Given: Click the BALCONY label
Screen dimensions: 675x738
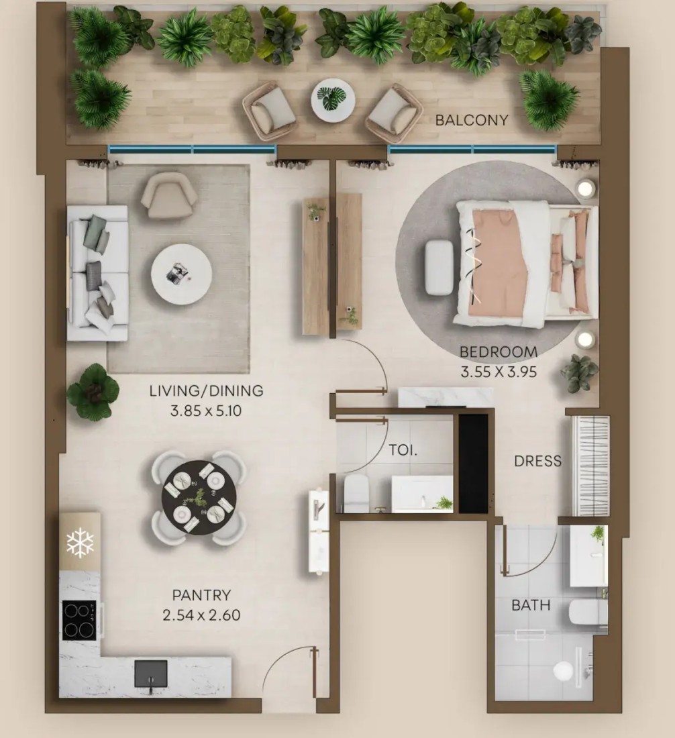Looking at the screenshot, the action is point(472,121).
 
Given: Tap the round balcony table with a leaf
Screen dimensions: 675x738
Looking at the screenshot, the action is point(333,100).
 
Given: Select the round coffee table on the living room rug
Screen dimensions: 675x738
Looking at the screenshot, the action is point(181,274).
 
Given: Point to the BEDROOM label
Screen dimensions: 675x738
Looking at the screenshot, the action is point(499,352).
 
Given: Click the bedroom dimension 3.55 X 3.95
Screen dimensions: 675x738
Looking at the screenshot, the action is point(499,372).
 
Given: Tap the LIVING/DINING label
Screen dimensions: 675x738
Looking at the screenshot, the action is point(206,390).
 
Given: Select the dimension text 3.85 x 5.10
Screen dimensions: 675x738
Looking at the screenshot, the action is point(206,411).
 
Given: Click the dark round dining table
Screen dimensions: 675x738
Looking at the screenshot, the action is point(199,498).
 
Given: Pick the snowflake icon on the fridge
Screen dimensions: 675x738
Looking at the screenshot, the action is point(80,543).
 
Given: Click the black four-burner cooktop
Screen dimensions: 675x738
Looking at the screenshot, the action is point(79,621).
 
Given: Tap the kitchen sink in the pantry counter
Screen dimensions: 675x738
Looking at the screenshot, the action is point(150,674).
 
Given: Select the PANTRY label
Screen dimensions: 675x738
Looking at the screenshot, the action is point(201,595).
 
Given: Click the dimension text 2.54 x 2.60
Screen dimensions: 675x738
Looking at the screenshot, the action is point(201,615).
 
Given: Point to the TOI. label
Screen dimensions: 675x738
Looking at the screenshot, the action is point(403,450).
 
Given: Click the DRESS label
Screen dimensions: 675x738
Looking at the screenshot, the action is point(537,461).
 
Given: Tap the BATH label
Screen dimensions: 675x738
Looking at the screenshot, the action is point(531,604).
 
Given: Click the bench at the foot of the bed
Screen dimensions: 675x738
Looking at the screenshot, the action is point(439,268).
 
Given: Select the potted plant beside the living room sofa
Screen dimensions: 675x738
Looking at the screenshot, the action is point(93,392).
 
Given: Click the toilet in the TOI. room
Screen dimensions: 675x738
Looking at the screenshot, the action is point(356,493).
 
